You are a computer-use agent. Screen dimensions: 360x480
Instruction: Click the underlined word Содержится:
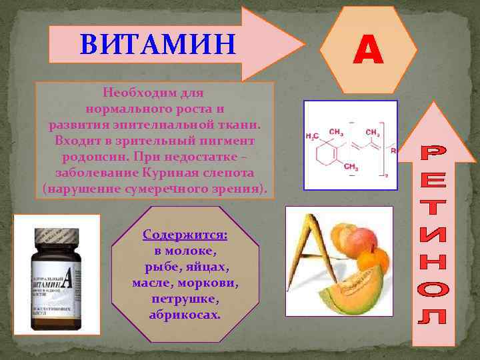(x=185, y=235)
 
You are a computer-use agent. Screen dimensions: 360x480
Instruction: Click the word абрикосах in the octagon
(x=185, y=313)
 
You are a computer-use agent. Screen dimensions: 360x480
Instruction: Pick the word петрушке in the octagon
(x=185, y=298)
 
